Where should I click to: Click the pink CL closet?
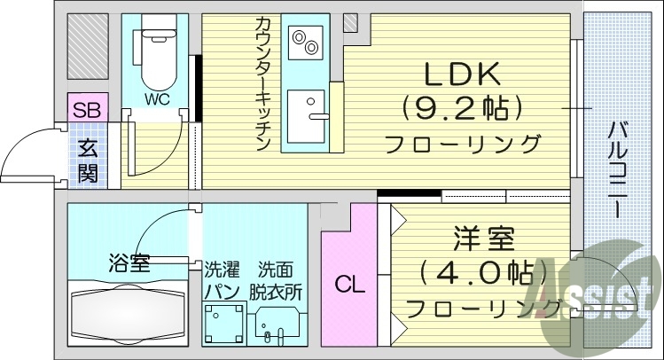(348, 285)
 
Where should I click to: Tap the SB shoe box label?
(87, 110)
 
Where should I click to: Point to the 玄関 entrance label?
(87, 160)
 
